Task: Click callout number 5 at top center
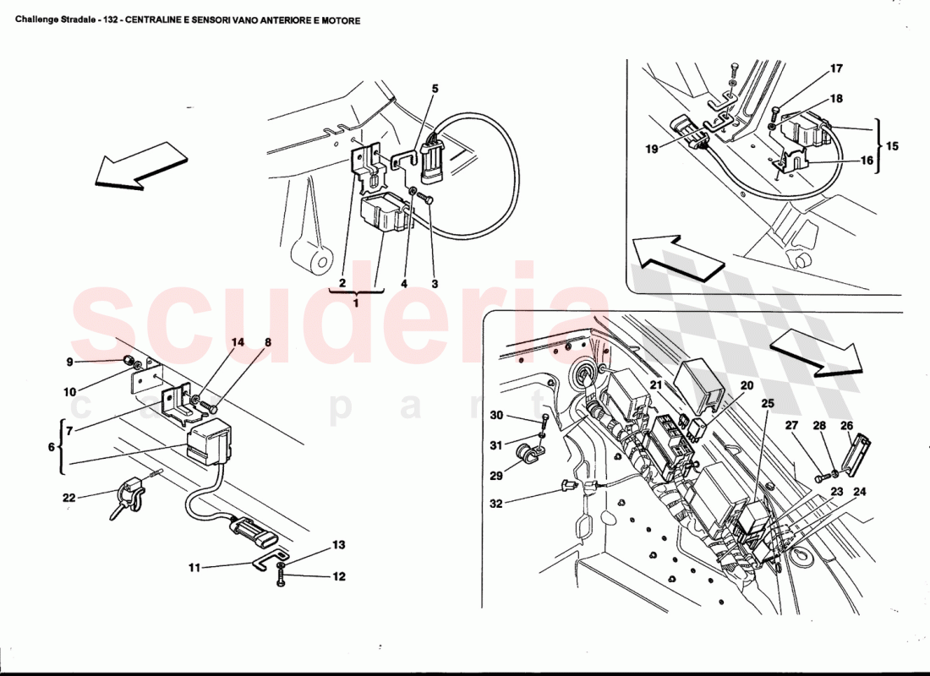[435, 88]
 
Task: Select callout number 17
[836, 68]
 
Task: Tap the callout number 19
[651, 149]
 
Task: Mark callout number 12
[338, 577]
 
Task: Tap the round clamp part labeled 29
[532, 454]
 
